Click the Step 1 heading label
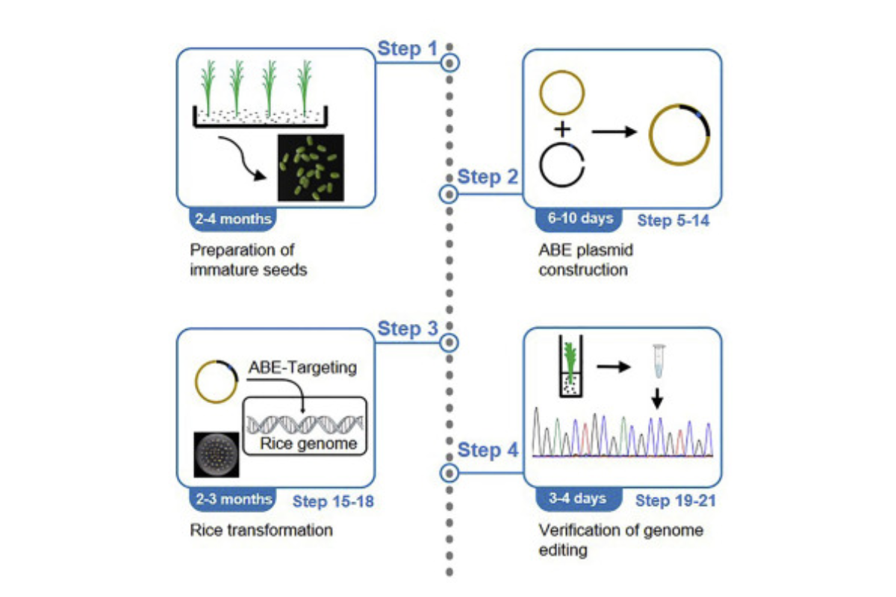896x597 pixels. (407, 49)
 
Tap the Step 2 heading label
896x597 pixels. (488, 177)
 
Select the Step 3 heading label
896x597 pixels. (408, 328)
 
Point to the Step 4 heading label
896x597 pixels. (488, 450)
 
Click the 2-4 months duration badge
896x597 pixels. (233, 219)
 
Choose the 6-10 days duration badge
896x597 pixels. (579, 219)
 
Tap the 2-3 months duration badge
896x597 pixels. (233, 499)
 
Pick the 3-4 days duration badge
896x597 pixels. (579, 499)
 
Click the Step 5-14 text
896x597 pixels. (673, 220)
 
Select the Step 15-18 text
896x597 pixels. (333, 501)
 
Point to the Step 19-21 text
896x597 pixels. (676, 501)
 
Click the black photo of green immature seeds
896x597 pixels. (311, 168)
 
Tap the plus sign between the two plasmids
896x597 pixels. (562, 129)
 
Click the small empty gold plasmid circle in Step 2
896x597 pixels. (562, 72)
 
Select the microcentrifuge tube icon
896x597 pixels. (659, 361)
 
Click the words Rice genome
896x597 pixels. (308, 443)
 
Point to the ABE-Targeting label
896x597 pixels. (303, 367)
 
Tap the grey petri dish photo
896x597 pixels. (217, 454)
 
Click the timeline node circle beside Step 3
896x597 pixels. (449, 343)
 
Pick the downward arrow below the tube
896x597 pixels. (657, 398)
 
